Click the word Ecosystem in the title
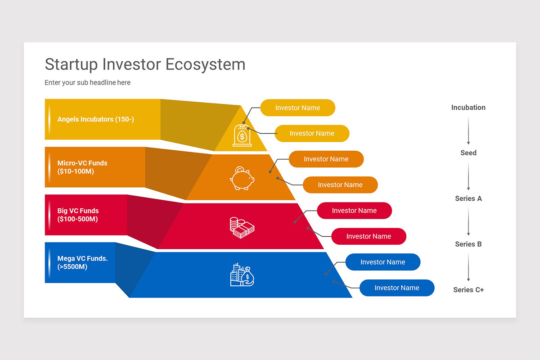coord(205,64)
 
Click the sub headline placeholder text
coord(87,83)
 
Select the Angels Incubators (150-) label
coord(95,119)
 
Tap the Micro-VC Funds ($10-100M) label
coord(82,167)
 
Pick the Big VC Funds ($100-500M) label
coord(78,215)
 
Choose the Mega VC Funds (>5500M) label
coord(82,262)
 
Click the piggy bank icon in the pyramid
coord(242,178)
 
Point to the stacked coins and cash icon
coord(242,227)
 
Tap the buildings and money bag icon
coord(242,274)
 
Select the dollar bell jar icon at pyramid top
coord(242,134)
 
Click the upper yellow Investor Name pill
coord(297,108)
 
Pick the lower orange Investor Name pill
coord(340,185)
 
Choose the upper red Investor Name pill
coord(354,211)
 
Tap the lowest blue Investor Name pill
coord(396,288)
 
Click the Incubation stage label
coord(468,108)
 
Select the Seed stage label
coord(468,153)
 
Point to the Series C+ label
coord(468,290)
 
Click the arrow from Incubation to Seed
coord(468,130)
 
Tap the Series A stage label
coord(468,198)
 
